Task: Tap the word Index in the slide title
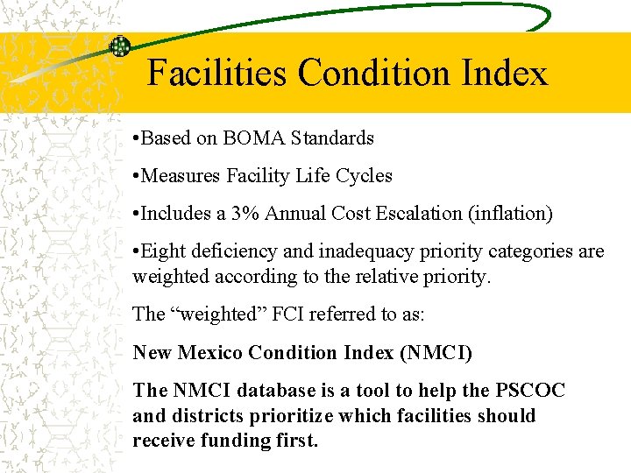[x=507, y=73]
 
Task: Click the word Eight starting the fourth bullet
[x=162, y=252]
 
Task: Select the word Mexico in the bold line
[x=210, y=353]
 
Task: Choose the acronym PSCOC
[x=534, y=391]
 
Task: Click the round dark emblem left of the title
[x=119, y=47]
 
